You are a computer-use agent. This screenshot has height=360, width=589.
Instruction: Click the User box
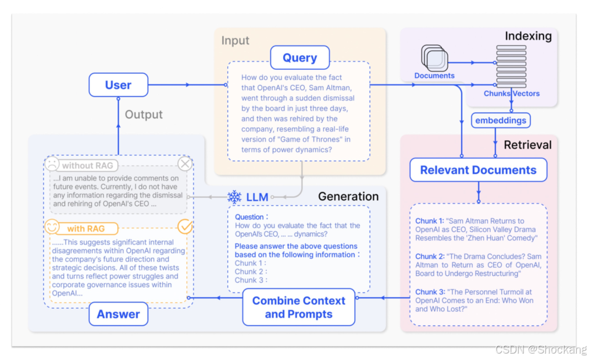(118, 85)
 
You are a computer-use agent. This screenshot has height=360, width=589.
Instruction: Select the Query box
(300, 58)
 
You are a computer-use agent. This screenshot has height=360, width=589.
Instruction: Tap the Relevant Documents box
(478, 170)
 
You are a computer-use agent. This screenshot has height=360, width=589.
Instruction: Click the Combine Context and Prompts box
(298, 307)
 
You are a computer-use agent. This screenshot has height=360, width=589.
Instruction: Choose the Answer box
(118, 314)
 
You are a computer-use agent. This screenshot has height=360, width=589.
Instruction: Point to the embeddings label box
(501, 120)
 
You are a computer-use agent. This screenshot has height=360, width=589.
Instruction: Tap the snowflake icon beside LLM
(234, 197)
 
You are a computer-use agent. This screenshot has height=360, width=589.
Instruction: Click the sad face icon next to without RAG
(52, 165)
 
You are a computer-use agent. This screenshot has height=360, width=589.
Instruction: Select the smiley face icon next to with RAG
(52, 227)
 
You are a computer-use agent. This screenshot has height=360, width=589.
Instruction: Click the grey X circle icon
(185, 164)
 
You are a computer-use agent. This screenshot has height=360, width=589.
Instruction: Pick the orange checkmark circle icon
(185, 227)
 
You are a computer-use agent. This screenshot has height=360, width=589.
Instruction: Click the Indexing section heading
(528, 36)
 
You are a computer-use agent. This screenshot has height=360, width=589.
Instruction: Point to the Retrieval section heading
(527, 144)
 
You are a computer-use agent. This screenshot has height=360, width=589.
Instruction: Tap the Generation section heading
(348, 197)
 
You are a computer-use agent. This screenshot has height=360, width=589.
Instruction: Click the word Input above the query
(235, 41)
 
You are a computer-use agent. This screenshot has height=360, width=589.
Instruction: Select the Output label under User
(144, 115)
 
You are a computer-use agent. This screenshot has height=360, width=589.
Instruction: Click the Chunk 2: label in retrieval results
(430, 256)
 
